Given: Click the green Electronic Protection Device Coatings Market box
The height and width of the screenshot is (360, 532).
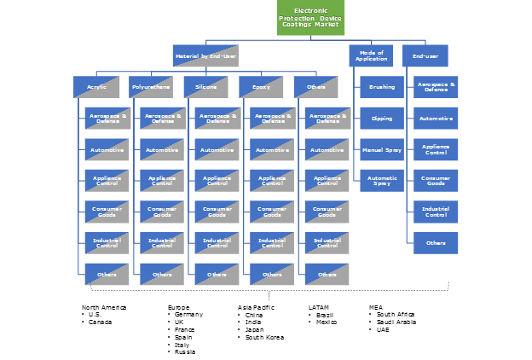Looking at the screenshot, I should click(x=309, y=18).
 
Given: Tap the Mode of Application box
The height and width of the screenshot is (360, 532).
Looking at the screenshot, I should click(x=371, y=56).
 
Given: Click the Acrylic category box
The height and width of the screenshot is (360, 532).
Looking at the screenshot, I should click(x=95, y=87).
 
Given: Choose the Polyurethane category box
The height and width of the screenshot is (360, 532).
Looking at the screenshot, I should click(x=151, y=87).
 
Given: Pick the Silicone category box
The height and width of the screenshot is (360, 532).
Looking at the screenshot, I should click(x=206, y=87).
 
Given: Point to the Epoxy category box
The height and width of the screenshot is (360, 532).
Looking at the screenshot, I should click(x=261, y=87).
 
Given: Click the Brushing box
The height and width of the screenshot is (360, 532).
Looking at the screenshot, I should click(x=382, y=87).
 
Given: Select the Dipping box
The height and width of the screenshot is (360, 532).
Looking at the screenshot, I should click(x=382, y=118).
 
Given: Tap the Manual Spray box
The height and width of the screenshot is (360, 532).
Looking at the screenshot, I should click(x=382, y=149).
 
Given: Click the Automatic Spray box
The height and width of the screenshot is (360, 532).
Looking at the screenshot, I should click(x=382, y=180).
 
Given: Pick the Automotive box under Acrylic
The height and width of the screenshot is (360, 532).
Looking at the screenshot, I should click(x=107, y=150).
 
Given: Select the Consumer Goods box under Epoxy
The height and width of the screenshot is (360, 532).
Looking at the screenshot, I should click(x=273, y=212).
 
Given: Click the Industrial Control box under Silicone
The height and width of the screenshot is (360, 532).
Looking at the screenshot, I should click(x=217, y=242).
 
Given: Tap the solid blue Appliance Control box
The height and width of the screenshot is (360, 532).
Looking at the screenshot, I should click(x=437, y=149).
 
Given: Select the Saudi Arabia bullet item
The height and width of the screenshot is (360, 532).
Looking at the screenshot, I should click(x=397, y=322).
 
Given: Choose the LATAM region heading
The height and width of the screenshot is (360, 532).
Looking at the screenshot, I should click(x=319, y=306).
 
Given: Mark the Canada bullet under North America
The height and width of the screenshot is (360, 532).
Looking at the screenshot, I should click(x=100, y=322).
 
